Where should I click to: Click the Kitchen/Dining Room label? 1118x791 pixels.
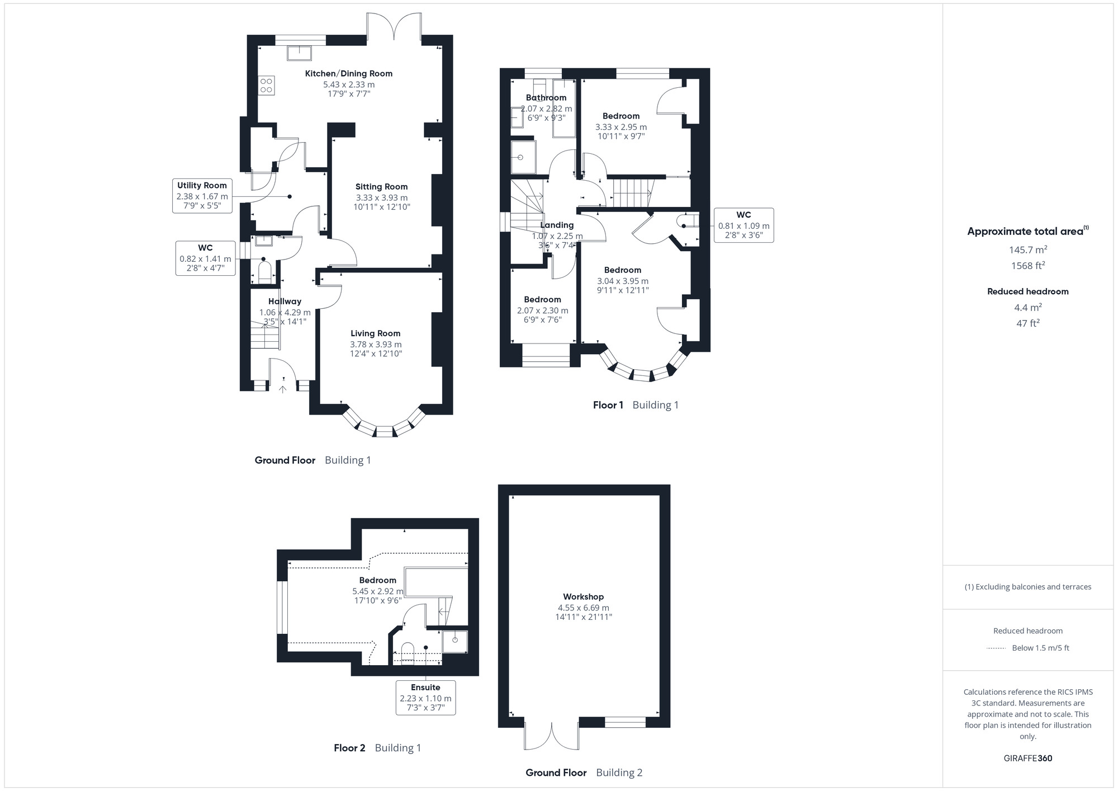pyautogui.click(x=348, y=73)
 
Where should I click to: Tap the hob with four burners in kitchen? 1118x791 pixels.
pyautogui.click(x=266, y=86)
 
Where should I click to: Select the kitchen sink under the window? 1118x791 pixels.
pyautogui.click(x=300, y=53)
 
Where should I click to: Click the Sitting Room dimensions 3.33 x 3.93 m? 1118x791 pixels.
pyautogui.click(x=381, y=197)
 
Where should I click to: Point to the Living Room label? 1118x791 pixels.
pyautogui.click(x=375, y=333)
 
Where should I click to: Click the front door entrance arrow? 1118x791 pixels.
pyautogui.click(x=283, y=388)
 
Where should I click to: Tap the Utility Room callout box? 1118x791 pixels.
pyautogui.click(x=202, y=195)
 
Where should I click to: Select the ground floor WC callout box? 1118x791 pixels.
pyautogui.click(x=205, y=258)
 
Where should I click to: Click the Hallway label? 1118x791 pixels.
pyautogui.click(x=285, y=302)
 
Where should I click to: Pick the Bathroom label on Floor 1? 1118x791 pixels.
pyautogui.click(x=546, y=98)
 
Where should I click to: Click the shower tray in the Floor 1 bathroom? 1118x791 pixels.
pyautogui.click(x=523, y=157)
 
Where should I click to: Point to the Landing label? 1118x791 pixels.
pyautogui.click(x=557, y=225)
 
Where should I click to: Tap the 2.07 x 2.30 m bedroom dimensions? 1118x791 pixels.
pyautogui.click(x=542, y=310)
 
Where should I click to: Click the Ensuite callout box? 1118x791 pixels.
pyautogui.click(x=425, y=697)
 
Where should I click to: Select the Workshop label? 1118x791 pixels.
pyautogui.click(x=583, y=597)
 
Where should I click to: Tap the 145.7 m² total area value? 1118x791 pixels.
pyautogui.click(x=1027, y=249)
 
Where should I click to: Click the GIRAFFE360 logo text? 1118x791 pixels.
pyautogui.click(x=1027, y=759)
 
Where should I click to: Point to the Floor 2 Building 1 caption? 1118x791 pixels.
pyautogui.click(x=377, y=748)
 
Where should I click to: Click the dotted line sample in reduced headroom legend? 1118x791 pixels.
pyautogui.click(x=996, y=648)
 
